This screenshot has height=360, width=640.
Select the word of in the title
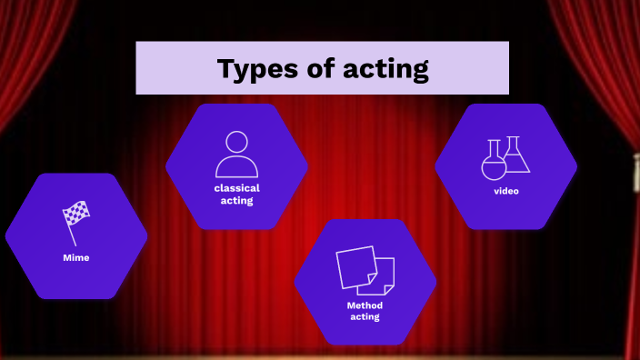[x=324, y=68]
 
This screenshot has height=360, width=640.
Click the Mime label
[x=75, y=257]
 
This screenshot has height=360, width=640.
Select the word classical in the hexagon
[x=236, y=188]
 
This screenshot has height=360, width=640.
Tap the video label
[x=505, y=191]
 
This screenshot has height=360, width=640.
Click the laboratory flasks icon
[x=505, y=156]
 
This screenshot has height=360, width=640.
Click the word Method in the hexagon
[x=365, y=305]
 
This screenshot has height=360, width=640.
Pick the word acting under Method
[x=365, y=317]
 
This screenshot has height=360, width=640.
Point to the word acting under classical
[x=236, y=200]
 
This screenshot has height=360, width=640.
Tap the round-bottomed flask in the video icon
[x=493, y=163]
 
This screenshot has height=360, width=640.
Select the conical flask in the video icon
[x=515, y=156]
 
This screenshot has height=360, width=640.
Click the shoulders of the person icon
[x=236, y=168]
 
